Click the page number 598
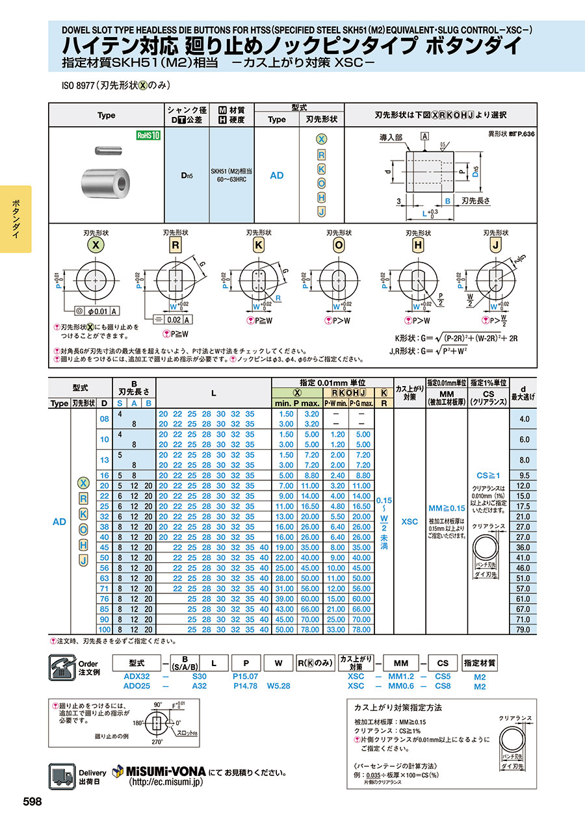point(32,802)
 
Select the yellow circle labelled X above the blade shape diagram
point(96,245)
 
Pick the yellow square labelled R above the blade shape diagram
point(175,245)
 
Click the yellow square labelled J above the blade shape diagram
point(496,245)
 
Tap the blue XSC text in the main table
point(409,521)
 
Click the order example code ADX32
point(136,677)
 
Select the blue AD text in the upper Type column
point(277,175)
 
